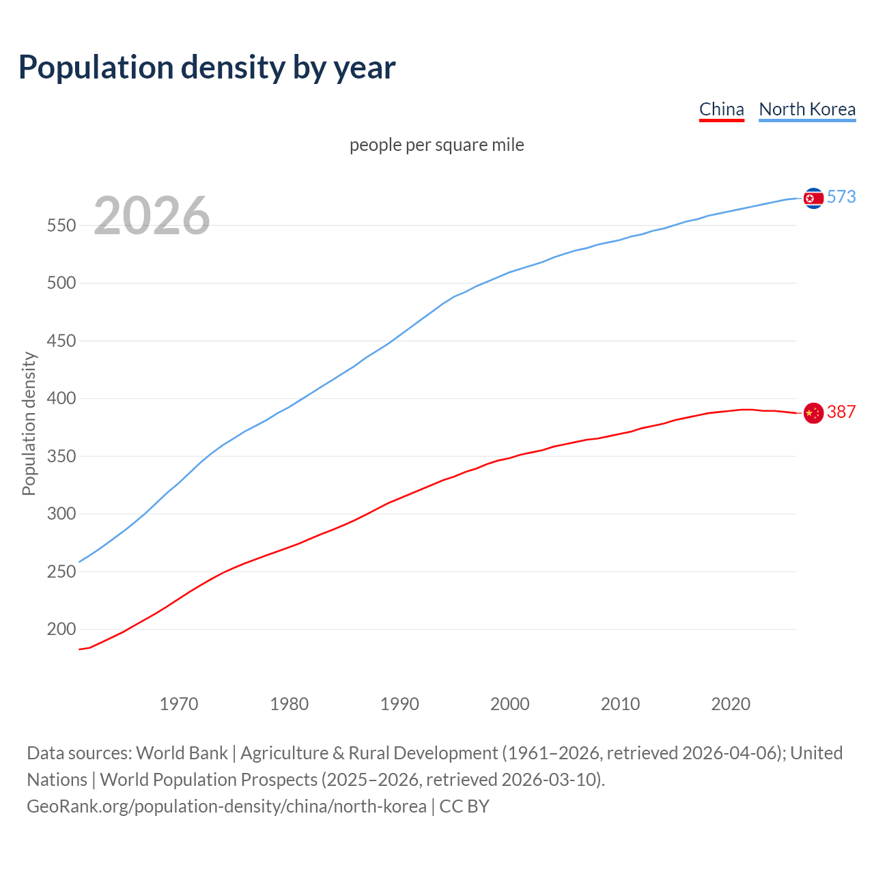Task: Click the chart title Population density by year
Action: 207,68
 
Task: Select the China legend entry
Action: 721,109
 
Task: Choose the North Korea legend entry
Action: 807,109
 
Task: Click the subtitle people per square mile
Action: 436,145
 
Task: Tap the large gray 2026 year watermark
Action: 152,216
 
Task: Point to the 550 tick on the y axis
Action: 61,225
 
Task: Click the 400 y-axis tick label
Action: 61,398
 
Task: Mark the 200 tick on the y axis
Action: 61,629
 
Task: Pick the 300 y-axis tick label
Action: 61,513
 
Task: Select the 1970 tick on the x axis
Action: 179,704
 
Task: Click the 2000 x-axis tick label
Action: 509,704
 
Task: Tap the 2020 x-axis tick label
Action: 731,704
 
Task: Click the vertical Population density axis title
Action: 29,423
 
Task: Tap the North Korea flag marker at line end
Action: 813,198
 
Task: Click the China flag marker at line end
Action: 813,413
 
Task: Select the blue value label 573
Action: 841,197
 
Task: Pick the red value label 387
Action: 841,412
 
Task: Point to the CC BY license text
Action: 464,806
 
